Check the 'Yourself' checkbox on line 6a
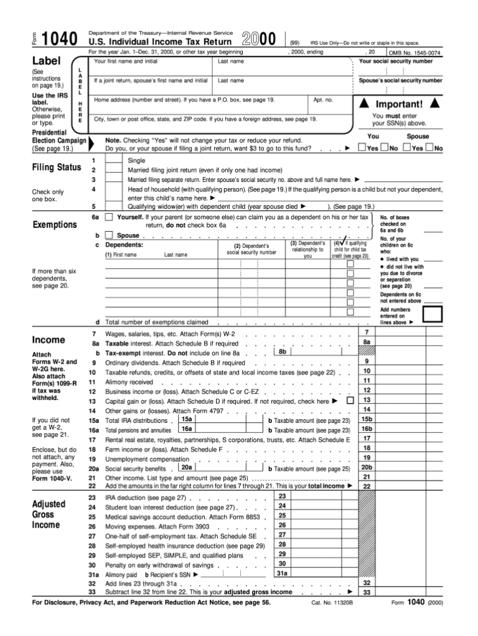click(109, 217)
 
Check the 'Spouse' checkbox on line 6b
click(109, 236)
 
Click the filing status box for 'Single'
click(114, 160)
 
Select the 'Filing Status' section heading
click(57, 168)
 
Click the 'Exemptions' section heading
click(55, 224)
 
